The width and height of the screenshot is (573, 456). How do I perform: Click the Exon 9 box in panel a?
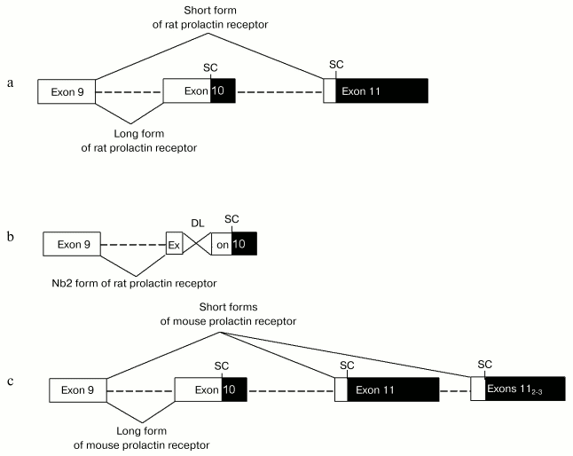coord(66,91)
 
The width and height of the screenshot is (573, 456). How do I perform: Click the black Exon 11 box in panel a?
coord(381,91)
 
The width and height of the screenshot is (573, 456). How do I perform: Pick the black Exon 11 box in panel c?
coord(393,389)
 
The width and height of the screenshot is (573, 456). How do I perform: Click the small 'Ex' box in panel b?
coord(174,243)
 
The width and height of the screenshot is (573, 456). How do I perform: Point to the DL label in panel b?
coord(197,225)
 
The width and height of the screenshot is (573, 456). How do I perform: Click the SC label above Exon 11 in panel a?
coord(335,65)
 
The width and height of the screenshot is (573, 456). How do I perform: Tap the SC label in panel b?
coord(232,218)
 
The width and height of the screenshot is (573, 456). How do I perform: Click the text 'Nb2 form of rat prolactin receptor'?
coord(134,283)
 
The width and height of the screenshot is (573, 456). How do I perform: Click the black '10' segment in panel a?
coord(223,91)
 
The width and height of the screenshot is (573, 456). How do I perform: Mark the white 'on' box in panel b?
coord(221,243)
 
